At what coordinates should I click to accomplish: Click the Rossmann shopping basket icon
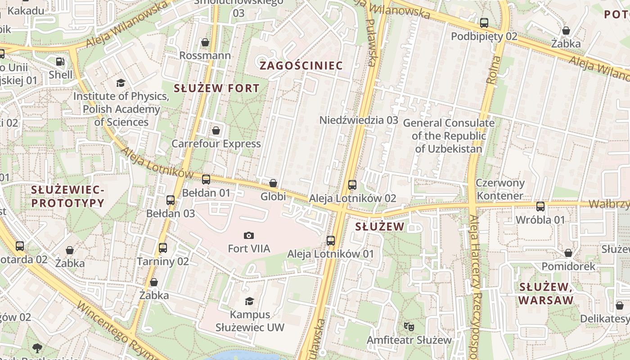tap(205, 42)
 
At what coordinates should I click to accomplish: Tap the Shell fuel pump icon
tap(60, 62)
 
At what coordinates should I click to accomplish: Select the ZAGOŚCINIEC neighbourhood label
tap(301, 66)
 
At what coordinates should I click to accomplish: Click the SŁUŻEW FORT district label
tap(216, 88)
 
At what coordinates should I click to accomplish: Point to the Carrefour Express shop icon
tap(216, 131)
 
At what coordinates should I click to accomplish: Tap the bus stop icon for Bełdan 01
tap(206, 180)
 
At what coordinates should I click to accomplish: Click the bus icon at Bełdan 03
tap(171, 200)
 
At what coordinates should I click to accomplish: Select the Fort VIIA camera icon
tap(248, 235)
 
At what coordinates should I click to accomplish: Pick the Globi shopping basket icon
tap(273, 183)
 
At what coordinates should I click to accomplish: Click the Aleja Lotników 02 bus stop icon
tap(352, 185)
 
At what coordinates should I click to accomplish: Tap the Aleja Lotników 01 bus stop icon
tap(331, 241)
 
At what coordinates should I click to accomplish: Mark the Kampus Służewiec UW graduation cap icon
tap(249, 301)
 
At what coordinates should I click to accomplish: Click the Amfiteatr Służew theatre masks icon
tap(409, 326)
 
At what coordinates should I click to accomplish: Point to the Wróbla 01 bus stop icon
tap(540, 207)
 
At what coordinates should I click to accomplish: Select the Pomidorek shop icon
tap(568, 253)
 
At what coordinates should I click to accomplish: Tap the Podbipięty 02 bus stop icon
tap(484, 23)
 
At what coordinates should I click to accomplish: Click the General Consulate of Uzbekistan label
tap(449, 135)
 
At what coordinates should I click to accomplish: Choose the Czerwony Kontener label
tap(500, 189)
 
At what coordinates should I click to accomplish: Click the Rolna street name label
tap(493, 70)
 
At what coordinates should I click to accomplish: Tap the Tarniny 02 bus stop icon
tap(163, 248)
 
